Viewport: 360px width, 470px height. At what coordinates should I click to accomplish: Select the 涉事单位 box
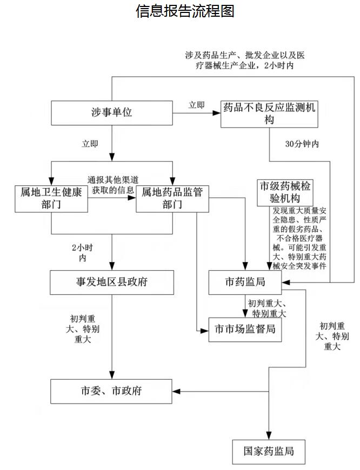click(x=112, y=112)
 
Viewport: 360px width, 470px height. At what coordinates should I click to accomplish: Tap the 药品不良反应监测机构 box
click(x=269, y=113)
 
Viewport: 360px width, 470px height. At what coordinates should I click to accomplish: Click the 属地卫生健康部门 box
click(x=51, y=198)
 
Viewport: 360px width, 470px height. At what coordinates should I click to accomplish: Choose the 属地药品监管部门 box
click(x=172, y=198)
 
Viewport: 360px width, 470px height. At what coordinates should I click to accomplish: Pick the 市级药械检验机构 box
click(x=285, y=192)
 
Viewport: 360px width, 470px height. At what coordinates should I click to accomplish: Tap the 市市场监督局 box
click(x=245, y=328)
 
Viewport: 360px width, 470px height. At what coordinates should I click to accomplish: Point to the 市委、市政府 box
click(x=112, y=391)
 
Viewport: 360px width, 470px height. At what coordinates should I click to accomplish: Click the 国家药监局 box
click(x=269, y=451)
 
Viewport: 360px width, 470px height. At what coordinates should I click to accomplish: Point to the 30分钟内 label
click(x=302, y=144)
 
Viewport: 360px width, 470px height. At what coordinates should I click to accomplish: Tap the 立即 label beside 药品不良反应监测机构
click(x=196, y=105)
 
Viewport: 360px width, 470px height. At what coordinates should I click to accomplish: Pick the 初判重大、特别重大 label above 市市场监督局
click(x=266, y=308)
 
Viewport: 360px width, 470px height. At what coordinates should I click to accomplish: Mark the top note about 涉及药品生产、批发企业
click(x=244, y=60)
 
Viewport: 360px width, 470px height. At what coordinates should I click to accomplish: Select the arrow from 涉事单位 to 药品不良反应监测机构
click(x=197, y=113)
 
